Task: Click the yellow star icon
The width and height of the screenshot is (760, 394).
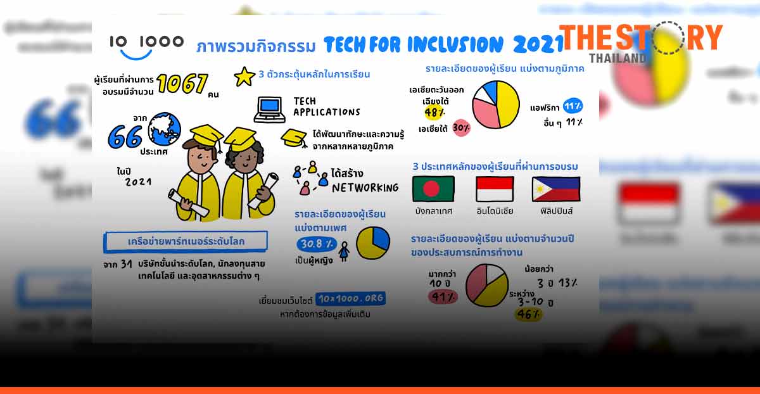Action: (244, 77)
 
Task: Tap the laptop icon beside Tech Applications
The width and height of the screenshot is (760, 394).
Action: (269, 109)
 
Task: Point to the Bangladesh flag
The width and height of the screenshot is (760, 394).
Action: (433, 189)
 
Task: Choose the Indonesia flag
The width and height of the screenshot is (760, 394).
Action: (495, 189)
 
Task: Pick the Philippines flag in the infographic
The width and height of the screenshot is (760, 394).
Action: (555, 189)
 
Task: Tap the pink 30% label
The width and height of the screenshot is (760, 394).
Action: (461, 127)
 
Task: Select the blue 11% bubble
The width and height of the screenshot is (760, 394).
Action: (573, 106)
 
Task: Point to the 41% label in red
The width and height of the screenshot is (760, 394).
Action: (443, 296)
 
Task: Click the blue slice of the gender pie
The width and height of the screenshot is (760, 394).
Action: (380, 238)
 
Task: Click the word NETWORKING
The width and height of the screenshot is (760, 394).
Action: (365, 187)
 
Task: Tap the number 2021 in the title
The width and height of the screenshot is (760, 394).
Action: (537, 44)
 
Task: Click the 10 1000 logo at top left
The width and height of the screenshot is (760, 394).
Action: (146, 45)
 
